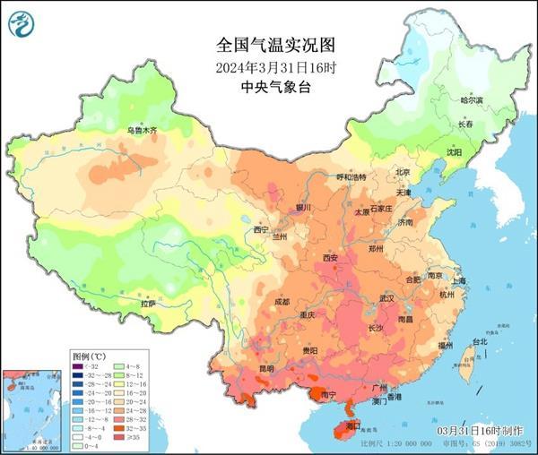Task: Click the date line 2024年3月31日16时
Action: point(269,66)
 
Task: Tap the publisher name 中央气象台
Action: point(269,87)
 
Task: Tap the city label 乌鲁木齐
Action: point(141,132)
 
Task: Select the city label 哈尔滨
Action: point(472,100)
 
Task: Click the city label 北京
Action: point(403,172)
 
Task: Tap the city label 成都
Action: point(282,302)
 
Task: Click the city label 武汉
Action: point(387,297)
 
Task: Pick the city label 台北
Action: point(479,341)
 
